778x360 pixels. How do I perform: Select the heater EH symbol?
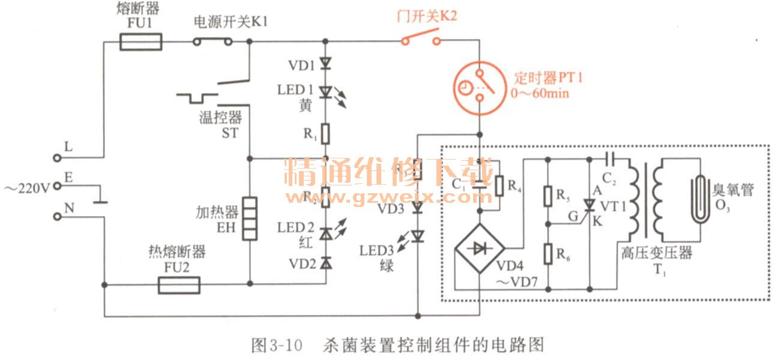click(250, 218)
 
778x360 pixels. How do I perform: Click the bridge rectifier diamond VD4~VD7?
click(479, 249)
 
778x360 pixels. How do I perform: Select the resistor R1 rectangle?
click(325, 134)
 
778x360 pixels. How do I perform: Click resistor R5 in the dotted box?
click(547, 195)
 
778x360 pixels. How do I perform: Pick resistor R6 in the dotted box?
click(547, 254)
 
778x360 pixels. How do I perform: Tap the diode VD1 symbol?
click(325, 62)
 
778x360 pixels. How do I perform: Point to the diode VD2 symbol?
click(325, 263)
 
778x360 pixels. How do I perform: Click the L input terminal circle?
click(57, 158)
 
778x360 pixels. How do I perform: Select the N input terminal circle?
click(57, 215)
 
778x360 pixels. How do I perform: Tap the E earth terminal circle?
click(57, 187)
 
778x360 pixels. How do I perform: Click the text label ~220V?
click(26, 187)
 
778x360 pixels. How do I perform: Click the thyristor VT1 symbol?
click(590, 206)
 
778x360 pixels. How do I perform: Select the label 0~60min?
click(540, 94)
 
